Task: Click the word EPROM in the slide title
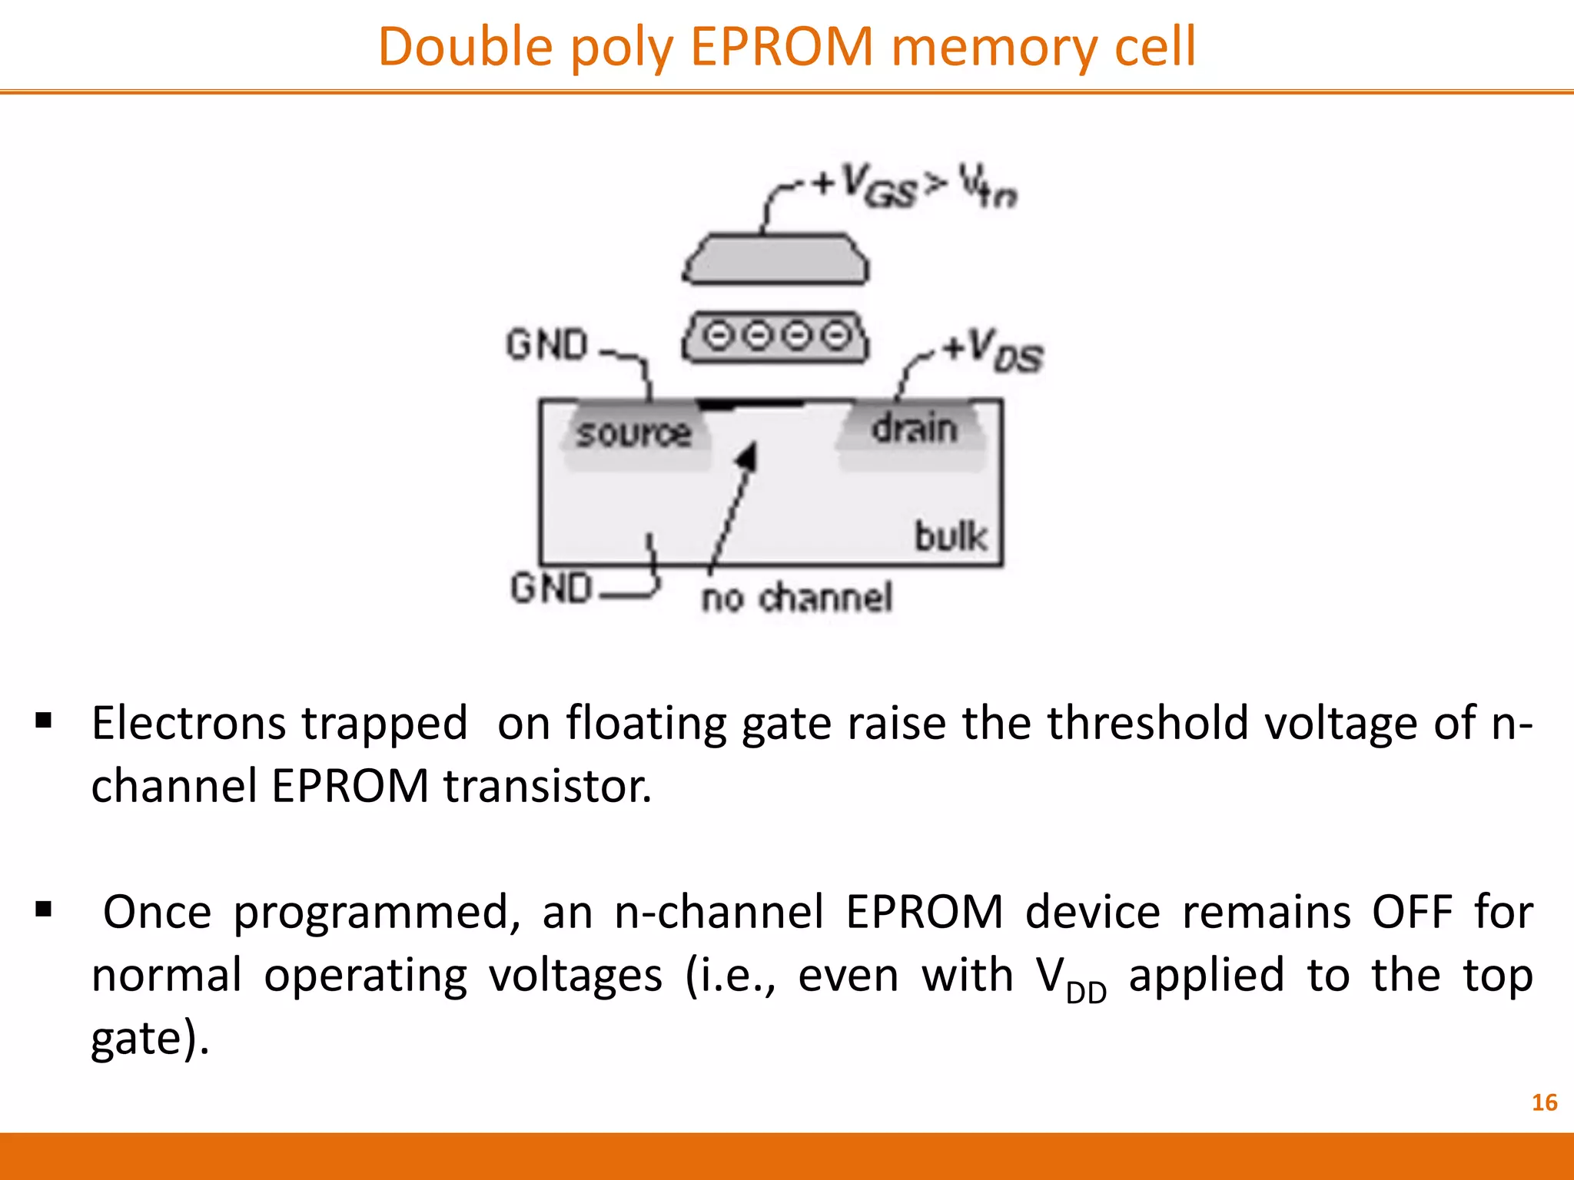(782, 48)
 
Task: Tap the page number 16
(1544, 1102)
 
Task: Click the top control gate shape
(775, 260)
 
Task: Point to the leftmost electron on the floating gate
(719, 336)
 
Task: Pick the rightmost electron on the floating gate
(836, 336)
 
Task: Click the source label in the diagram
(634, 433)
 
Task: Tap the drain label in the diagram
(914, 428)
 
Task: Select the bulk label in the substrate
(950, 536)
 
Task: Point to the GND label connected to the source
(547, 344)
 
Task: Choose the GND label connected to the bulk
(552, 588)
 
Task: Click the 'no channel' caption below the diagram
(797, 598)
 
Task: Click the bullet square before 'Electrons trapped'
(44, 721)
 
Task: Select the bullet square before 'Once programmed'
(44, 910)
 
